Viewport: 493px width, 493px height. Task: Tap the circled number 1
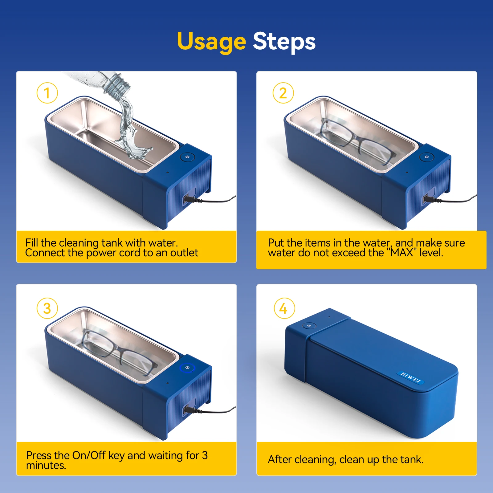pos(47,93)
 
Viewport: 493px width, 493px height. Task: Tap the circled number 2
pos(283,93)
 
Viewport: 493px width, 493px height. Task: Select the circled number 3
pos(47,308)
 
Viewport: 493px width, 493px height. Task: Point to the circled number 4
pos(284,308)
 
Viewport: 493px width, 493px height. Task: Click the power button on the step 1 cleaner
pos(187,157)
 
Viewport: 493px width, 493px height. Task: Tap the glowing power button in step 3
pos(187,368)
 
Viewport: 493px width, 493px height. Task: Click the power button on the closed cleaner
pos(309,325)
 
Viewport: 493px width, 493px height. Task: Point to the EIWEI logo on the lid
pos(410,377)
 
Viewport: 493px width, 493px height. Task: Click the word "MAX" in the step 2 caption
pos(402,253)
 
